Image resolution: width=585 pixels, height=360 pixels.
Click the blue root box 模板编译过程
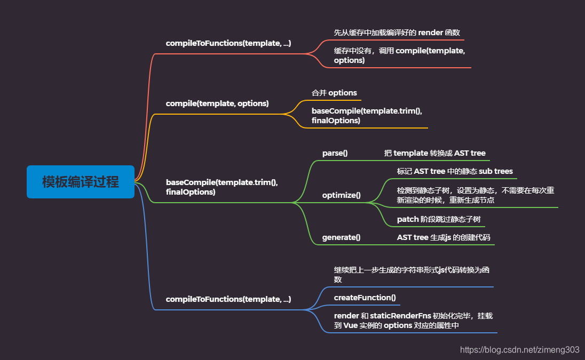coord(81,182)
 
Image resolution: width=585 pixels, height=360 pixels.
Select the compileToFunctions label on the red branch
coord(228,43)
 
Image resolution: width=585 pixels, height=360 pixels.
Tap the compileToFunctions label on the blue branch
coord(228,299)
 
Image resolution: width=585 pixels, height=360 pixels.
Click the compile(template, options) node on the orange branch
coord(217,103)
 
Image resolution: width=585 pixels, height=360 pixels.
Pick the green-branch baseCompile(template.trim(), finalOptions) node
coord(222,187)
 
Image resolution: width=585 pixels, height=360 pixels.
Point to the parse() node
coord(335,153)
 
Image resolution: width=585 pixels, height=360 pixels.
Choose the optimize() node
coord(341,195)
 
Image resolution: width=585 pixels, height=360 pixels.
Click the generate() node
coord(341,237)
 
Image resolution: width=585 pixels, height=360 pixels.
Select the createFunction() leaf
coord(365,297)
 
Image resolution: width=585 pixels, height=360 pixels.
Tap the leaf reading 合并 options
coord(334,93)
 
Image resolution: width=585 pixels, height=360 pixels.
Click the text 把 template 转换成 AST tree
coord(434,153)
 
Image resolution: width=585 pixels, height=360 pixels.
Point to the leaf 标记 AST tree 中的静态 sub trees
coord(455,171)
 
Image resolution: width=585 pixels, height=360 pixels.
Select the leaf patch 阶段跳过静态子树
coord(440,219)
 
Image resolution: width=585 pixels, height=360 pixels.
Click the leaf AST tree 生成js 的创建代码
coord(444,237)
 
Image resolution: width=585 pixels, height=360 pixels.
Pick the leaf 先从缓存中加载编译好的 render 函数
coord(397,33)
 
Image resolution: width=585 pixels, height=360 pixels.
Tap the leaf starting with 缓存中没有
coord(399,55)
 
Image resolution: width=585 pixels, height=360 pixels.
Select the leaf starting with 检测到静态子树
coord(475,195)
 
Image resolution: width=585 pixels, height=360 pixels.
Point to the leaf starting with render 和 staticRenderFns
coord(413,321)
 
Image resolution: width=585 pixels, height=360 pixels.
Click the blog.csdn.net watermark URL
coord(519,350)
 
